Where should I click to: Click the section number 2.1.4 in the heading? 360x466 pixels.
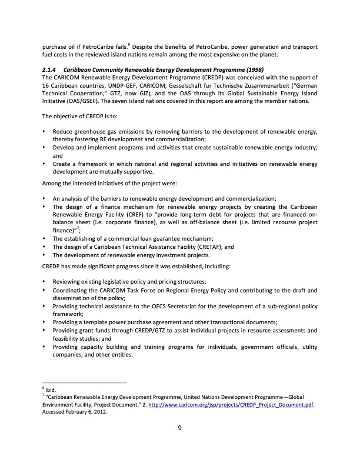coord(49,69)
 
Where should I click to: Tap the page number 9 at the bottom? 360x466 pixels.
coord(180,428)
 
